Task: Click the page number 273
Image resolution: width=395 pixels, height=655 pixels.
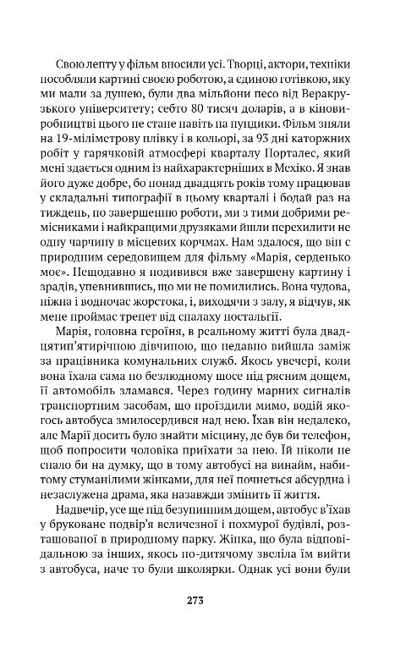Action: coord(198,601)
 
